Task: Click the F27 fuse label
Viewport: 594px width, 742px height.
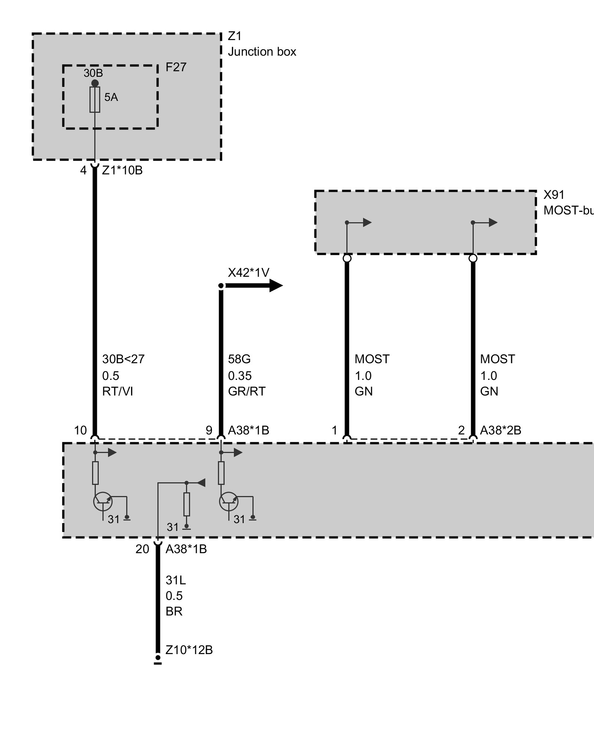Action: [x=176, y=67]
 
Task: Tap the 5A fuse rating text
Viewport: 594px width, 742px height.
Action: [x=111, y=97]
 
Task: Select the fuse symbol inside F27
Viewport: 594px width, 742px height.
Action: [x=95, y=99]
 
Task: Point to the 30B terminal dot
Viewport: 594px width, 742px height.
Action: [x=95, y=83]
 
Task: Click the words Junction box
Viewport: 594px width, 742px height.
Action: [x=262, y=52]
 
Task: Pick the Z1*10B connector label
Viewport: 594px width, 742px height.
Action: [x=122, y=170]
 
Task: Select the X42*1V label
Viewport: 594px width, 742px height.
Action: [x=248, y=273]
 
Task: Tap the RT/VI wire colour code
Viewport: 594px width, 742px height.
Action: [x=117, y=391]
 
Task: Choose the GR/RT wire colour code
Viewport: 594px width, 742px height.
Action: [x=247, y=391]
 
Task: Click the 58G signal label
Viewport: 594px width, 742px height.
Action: [x=239, y=359]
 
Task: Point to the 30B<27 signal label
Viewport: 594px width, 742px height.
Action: [x=123, y=359]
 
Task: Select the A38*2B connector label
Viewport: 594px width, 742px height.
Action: [x=500, y=430]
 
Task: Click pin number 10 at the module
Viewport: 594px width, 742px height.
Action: [x=80, y=430]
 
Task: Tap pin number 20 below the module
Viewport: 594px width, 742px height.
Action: [x=142, y=549]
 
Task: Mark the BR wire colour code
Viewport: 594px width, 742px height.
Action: [x=174, y=611]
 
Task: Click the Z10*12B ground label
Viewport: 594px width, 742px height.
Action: [x=189, y=650]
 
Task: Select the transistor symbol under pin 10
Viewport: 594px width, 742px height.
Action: [x=102, y=501]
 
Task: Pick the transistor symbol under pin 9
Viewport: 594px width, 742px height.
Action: [x=228, y=501]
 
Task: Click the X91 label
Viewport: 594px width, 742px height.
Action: [x=554, y=195]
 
